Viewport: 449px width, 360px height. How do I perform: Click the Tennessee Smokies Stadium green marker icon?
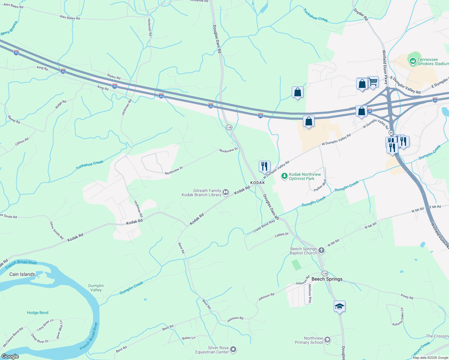click(x=413, y=61)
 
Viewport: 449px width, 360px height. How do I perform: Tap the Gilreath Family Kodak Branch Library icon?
click(x=226, y=192)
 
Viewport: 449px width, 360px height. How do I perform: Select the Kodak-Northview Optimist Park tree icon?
click(x=284, y=176)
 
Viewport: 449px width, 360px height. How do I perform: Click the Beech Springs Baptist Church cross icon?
click(x=321, y=250)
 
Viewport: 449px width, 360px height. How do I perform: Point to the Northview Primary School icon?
click(x=327, y=340)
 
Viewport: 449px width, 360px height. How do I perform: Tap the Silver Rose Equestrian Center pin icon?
click(x=233, y=349)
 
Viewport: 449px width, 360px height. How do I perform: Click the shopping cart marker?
click(x=373, y=82)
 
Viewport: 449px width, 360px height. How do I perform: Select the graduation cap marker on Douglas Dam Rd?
click(x=339, y=306)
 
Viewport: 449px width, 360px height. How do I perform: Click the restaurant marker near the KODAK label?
click(x=264, y=166)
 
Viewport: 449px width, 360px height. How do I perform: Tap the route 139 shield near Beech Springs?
click(x=325, y=273)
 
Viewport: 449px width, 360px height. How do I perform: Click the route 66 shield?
click(x=391, y=132)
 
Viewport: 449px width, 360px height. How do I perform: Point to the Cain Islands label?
click(x=22, y=274)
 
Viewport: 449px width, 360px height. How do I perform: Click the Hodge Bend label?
click(x=38, y=313)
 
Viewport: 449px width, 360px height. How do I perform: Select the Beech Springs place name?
click(x=327, y=279)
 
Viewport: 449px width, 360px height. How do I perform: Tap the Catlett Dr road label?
click(x=282, y=235)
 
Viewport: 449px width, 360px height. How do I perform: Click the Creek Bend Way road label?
click(x=264, y=226)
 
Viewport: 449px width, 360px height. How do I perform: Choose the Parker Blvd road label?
click(x=320, y=186)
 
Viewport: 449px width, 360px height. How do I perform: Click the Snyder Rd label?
click(x=360, y=14)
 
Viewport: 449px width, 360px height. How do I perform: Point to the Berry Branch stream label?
click(x=9, y=28)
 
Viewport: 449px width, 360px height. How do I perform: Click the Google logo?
click(x=10, y=356)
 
